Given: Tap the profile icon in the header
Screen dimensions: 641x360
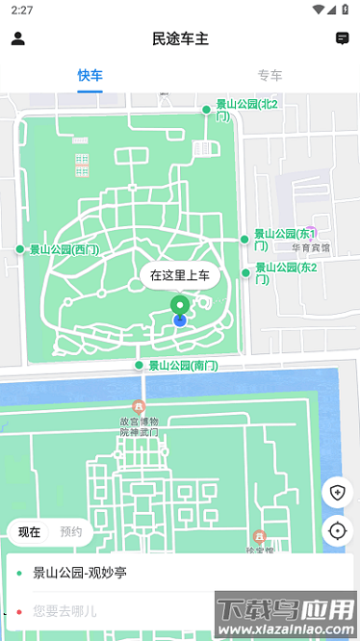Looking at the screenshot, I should pyautogui.click(x=17, y=38).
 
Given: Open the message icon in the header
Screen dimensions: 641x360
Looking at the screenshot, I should pyautogui.click(x=342, y=38).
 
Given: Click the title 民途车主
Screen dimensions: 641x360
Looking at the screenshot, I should pyautogui.click(x=180, y=38).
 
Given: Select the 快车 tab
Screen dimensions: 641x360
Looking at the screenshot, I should pyautogui.click(x=90, y=75).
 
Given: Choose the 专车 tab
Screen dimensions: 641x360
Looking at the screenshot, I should pyautogui.click(x=270, y=75).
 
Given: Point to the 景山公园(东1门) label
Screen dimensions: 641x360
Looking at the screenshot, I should pyautogui.click(x=284, y=239).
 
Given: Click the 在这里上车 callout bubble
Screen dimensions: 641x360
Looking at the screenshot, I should pyautogui.click(x=180, y=275).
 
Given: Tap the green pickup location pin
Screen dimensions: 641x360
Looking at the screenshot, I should pyautogui.click(x=179, y=307).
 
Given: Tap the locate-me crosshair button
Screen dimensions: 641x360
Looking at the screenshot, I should pyautogui.click(x=337, y=530).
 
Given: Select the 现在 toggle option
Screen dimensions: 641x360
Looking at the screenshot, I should pyautogui.click(x=29, y=531).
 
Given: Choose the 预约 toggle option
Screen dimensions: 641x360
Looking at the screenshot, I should pyautogui.click(x=71, y=531).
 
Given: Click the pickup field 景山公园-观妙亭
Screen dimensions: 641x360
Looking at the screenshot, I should pyautogui.click(x=80, y=573).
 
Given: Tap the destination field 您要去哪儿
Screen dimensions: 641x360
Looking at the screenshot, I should pyautogui.click(x=64, y=610).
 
